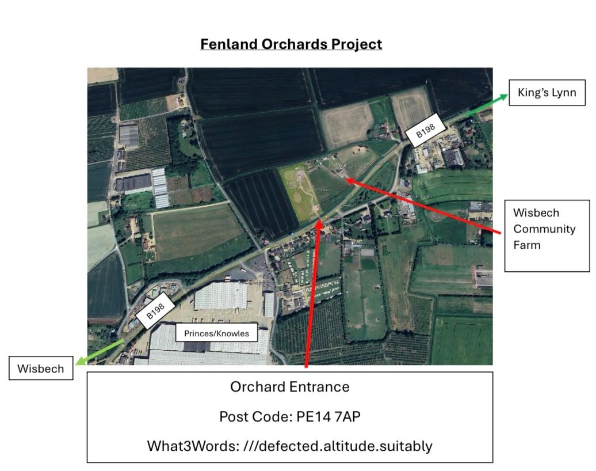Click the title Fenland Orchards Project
click(x=291, y=44)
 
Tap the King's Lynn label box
click(x=547, y=93)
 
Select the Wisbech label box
click(x=41, y=369)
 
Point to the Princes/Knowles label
click(x=216, y=333)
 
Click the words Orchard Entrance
click(x=289, y=386)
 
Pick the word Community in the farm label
click(x=544, y=229)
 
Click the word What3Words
click(x=181, y=446)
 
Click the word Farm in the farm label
click(x=526, y=245)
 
